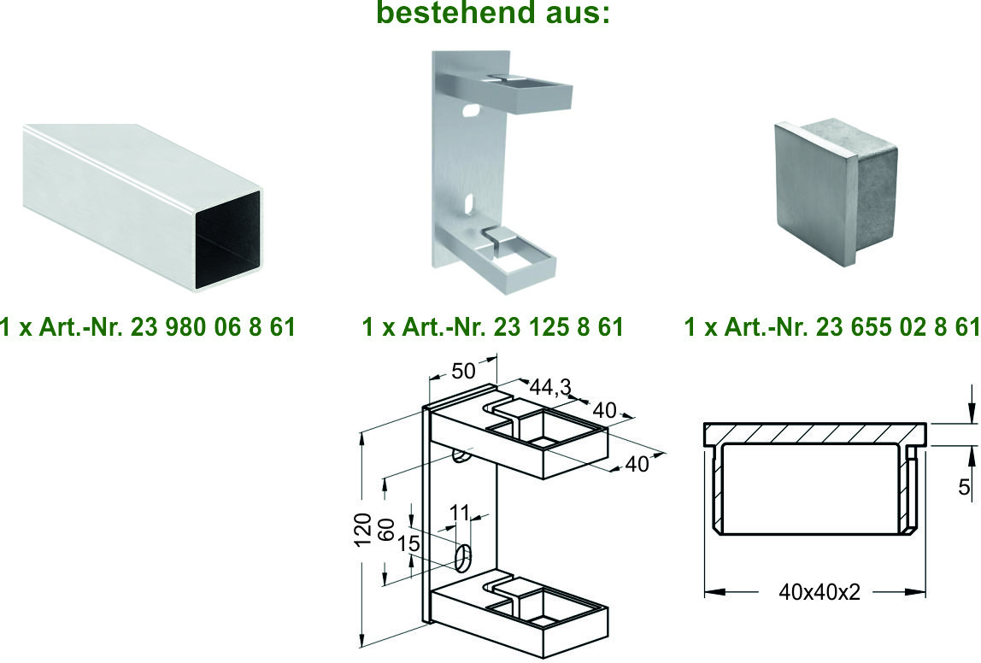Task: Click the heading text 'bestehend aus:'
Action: [493, 13]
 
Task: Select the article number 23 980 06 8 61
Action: [212, 327]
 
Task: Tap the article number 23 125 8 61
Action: [558, 327]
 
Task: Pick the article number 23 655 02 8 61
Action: [898, 327]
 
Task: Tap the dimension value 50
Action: [464, 372]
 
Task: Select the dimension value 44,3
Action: [550, 388]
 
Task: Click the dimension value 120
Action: [363, 529]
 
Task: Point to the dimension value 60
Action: [386, 530]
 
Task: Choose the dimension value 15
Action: [409, 543]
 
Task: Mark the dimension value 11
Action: [459, 513]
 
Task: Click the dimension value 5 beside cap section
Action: [964, 486]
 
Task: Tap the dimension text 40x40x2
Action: [819, 592]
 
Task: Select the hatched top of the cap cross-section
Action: [815, 432]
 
